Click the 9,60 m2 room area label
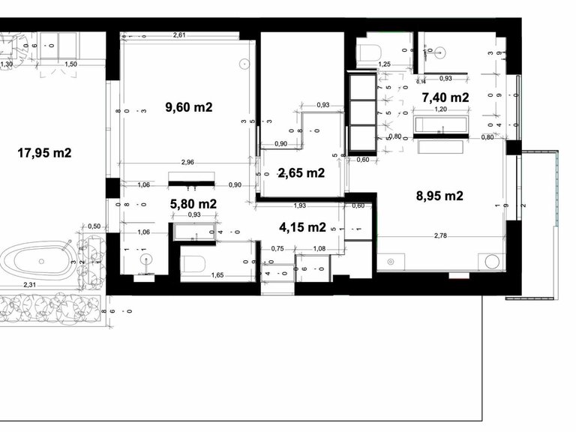pyautogui.click(x=189, y=107)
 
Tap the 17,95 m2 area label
pyautogui.click(x=44, y=154)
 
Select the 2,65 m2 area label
pyautogui.click(x=301, y=173)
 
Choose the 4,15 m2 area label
pyautogui.click(x=302, y=226)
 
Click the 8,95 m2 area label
pyautogui.click(x=439, y=196)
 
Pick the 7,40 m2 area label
pyautogui.click(x=445, y=97)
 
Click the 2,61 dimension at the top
pyautogui.click(x=179, y=35)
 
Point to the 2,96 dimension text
pyautogui.click(x=187, y=162)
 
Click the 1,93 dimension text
pyautogui.click(x=299, y=205)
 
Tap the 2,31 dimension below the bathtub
pyautogui.click(x=30, y=284)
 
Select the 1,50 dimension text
pyautogui.click(x=70, y=64)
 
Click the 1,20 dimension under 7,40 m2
pyautogui.click(x=442, y=109)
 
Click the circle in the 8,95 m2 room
pyautogui.click(x=493, y=262)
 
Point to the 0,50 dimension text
pyautogui.click(x=94, y=226)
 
